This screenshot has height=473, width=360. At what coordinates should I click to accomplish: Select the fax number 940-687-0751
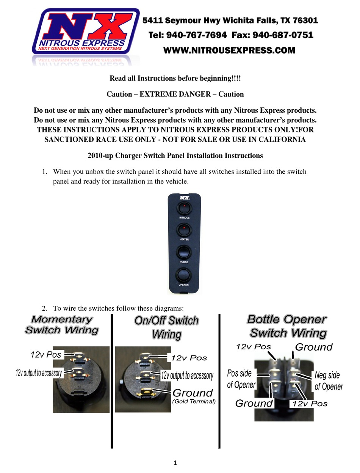(x=283, y=35)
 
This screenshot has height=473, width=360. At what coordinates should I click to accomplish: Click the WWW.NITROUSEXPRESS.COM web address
(x=229, y=50)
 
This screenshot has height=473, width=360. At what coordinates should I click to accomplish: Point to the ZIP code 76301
(x=303, y=20)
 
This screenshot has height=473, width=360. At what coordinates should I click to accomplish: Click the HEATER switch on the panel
(x=184, y=230)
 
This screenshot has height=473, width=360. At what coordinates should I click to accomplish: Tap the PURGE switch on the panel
(x=184, y=252)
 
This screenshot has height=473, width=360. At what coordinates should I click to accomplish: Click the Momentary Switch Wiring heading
(x=62, y=325)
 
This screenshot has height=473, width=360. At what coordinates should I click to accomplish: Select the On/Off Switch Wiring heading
(x=166, y=327)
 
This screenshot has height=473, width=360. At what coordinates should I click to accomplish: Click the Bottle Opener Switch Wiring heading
(x=287, y=326)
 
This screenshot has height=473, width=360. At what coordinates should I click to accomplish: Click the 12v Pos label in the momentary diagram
(x=45, y=355)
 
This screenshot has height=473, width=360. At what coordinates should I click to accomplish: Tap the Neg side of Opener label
(x=328, y=381)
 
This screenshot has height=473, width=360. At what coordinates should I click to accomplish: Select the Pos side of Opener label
(x=241, y=379)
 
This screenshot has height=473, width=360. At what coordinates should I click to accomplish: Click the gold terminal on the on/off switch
(x=146, y=393)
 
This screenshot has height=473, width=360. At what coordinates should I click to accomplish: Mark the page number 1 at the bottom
(x=175, y=462)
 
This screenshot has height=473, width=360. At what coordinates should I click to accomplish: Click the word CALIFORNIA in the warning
(x=282, y=139)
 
